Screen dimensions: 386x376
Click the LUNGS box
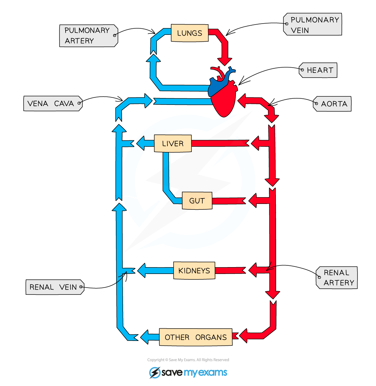point(190,33)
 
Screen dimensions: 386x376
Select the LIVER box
point(173,143)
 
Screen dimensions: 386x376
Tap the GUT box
point(197,201)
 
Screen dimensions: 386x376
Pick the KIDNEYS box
point(194,271)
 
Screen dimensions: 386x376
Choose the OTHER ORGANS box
point(196,337)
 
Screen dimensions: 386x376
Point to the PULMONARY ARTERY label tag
point(88,36)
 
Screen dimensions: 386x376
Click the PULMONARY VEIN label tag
point(313,25)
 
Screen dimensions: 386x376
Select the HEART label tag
point(319,70)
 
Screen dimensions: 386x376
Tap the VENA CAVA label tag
point(53,104)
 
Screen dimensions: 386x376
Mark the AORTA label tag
point(333,104)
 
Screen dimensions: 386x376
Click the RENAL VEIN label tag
point(55,287)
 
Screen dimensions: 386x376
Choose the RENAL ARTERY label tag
point(337,278)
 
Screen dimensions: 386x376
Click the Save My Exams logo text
point(194,372)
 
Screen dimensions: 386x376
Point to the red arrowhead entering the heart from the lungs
point(225,61)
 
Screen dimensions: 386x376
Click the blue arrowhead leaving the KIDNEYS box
point(141,271)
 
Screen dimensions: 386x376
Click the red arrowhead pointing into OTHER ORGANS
point(243,335)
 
